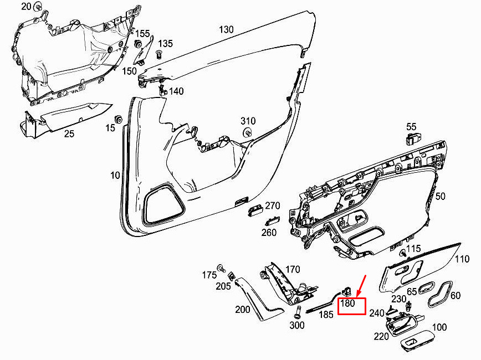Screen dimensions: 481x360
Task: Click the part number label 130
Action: point(226,30)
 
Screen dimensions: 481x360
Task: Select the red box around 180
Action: point(351,306)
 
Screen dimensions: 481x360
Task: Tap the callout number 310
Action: point(248,121)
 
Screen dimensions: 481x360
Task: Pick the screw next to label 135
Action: point(159,55)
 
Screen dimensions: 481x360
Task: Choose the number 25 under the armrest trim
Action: point(69,133)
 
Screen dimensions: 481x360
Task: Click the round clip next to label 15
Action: point(118,119)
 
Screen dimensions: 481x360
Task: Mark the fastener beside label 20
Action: point(38,6)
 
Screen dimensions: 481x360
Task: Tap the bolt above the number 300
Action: point(297,312)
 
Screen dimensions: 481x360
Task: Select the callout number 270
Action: point(273,205)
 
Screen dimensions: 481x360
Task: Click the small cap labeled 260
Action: point(272,221)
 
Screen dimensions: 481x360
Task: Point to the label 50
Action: point(440,196)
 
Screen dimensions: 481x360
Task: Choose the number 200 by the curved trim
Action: point(243,310)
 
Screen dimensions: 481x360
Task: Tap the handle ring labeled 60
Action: point(439,294)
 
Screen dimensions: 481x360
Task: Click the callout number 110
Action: point(462,259)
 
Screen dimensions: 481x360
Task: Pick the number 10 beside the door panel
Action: point(115,176)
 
